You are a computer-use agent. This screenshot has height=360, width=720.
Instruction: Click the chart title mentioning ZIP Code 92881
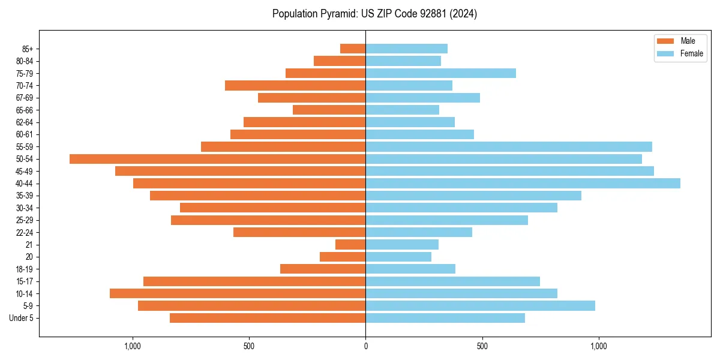tap(374, 14)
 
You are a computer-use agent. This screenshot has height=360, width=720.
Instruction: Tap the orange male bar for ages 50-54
tap(217, 159)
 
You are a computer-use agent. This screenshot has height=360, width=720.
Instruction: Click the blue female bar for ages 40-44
tap(523, 184)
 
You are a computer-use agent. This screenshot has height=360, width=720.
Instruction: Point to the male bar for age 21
tap(350, 245)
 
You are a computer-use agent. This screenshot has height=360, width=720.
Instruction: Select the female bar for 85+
tap(406, 49)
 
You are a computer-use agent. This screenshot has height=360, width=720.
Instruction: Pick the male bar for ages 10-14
tap(238, 293)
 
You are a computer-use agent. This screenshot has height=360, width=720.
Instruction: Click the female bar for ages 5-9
tap(480, 306)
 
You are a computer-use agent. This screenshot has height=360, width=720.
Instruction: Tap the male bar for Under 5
tap(268, 318)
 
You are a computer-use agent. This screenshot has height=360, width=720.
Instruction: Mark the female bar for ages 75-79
tap(440, 73)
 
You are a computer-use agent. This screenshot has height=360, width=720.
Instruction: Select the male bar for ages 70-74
tap(295, 86)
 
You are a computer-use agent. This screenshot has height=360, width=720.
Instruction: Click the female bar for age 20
tap(398, 257)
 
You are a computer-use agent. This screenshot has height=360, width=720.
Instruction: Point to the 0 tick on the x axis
tap(365, 346)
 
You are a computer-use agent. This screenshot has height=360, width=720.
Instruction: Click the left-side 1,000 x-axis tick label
tap(132, 346)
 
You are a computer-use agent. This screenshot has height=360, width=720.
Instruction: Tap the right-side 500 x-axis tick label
tap(482, 346)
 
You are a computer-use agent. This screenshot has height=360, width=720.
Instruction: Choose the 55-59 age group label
tap(24, 147)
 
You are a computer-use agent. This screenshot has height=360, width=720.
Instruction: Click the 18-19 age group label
tap(24, 269)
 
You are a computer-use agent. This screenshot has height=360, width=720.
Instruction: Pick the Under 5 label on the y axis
tap(21, 318)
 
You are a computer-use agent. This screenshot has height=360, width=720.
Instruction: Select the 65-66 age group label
tap(24, 110)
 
